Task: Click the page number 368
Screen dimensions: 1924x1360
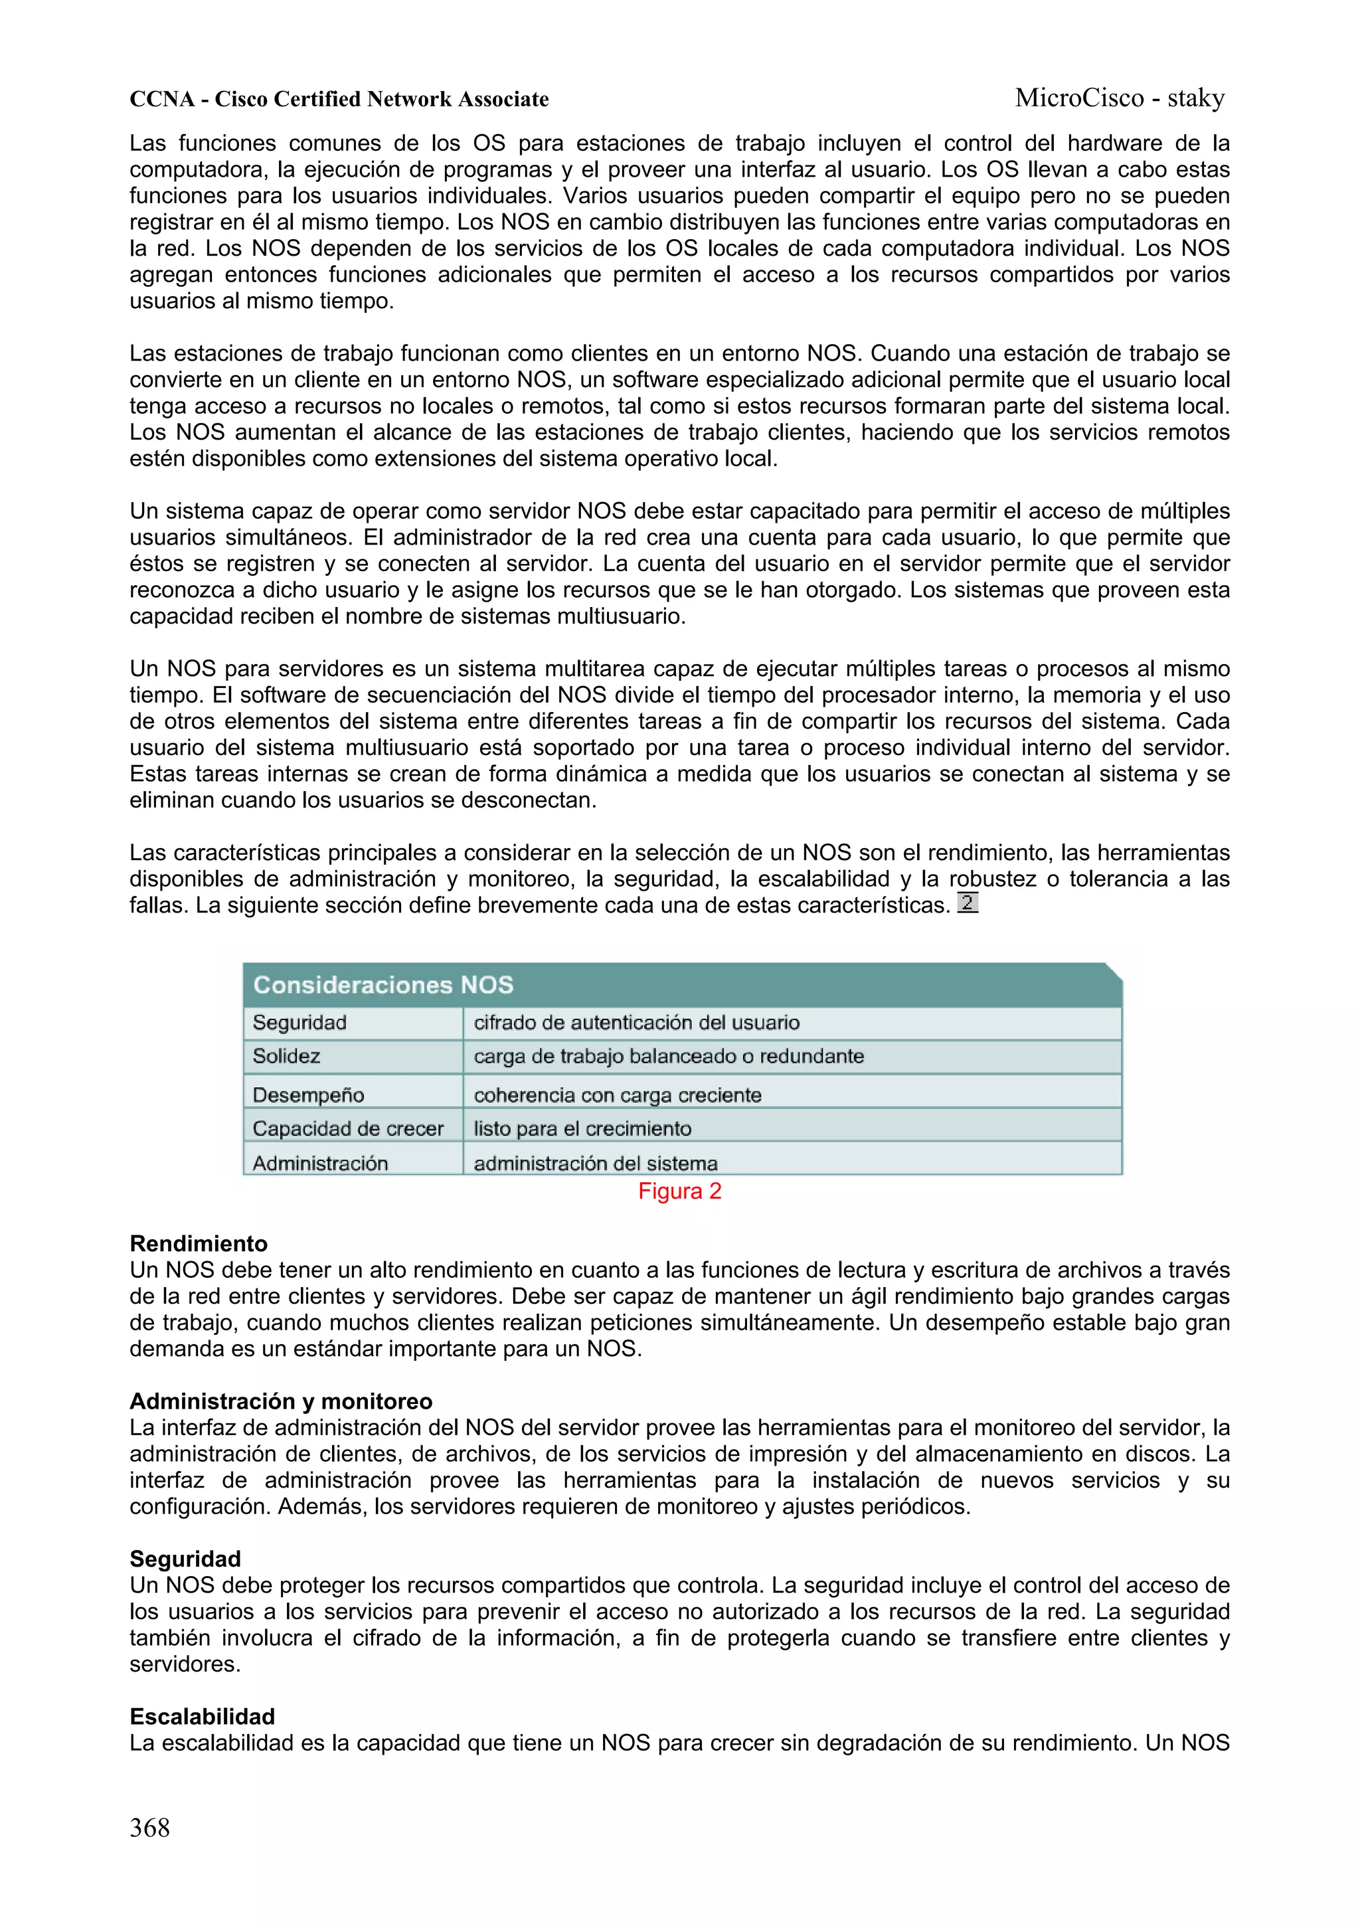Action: click(149, 1827)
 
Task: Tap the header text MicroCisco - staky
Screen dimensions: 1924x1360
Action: click(1120, 98)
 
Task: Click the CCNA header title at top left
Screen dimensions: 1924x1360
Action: click(339, 100)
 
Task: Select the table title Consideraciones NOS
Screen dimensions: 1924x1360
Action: click(383, 985)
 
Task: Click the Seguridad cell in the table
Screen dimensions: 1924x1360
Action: click(299, 1022)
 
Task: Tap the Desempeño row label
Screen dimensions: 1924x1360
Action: click(307, 1094)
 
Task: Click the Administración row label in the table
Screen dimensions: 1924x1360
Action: click(320, 1163)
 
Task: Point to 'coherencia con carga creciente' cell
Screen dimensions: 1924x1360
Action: click(618, 1094)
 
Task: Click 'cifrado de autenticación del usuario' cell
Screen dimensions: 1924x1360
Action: click(636, 1022)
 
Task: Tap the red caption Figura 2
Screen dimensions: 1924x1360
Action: click(679, 1191)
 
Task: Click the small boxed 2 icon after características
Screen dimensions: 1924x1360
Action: click(967, 903)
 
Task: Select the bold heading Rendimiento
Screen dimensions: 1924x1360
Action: click(199, 1243)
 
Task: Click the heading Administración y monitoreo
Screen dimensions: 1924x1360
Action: click(281, 1401)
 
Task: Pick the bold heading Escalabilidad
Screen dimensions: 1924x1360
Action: click(202, 1716)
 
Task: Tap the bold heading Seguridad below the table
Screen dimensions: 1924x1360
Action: click(185, 1559)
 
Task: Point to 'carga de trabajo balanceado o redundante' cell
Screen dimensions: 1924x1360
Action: click(668, 1056)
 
